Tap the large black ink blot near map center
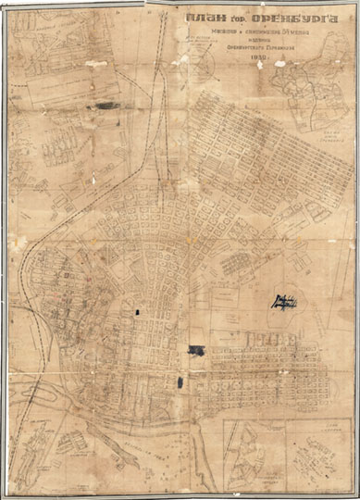[196, 349]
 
